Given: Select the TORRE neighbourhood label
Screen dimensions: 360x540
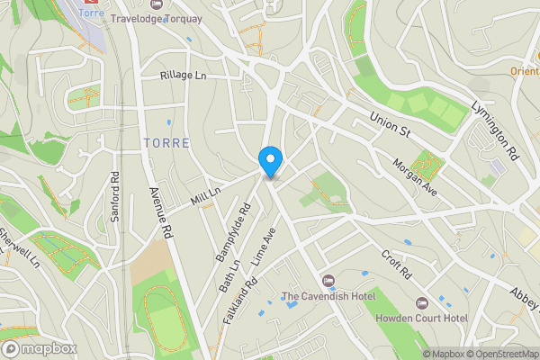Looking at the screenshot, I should coord(166,143).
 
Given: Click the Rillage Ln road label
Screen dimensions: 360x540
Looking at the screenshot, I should coord(184,76).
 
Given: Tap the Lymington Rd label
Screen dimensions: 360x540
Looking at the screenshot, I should coord(497,130).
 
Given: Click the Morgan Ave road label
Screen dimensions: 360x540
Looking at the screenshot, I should coord(415,180).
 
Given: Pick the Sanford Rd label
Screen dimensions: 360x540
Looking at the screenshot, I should coord(115,191).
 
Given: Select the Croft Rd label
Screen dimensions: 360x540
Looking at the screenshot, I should coord(395,263).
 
